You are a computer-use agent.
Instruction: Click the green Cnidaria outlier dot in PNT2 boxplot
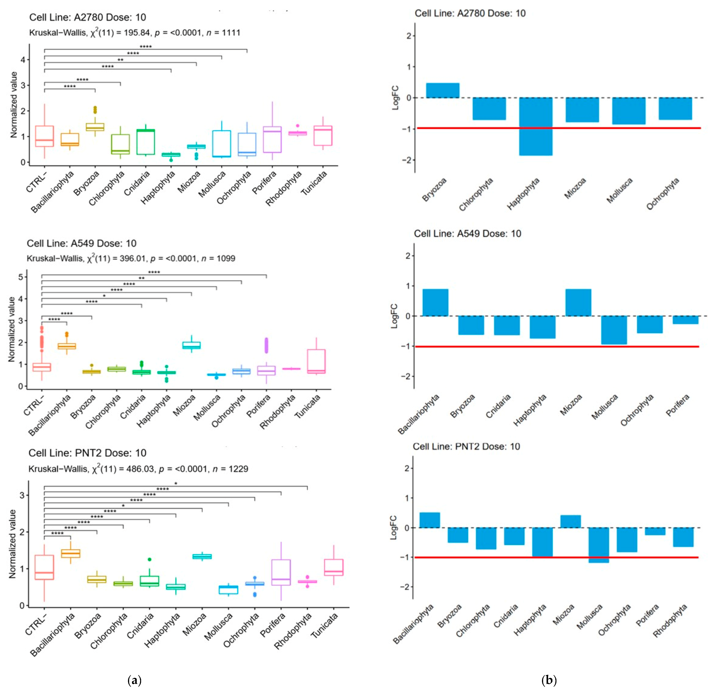149,559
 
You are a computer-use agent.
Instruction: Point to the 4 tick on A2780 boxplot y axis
23,59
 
